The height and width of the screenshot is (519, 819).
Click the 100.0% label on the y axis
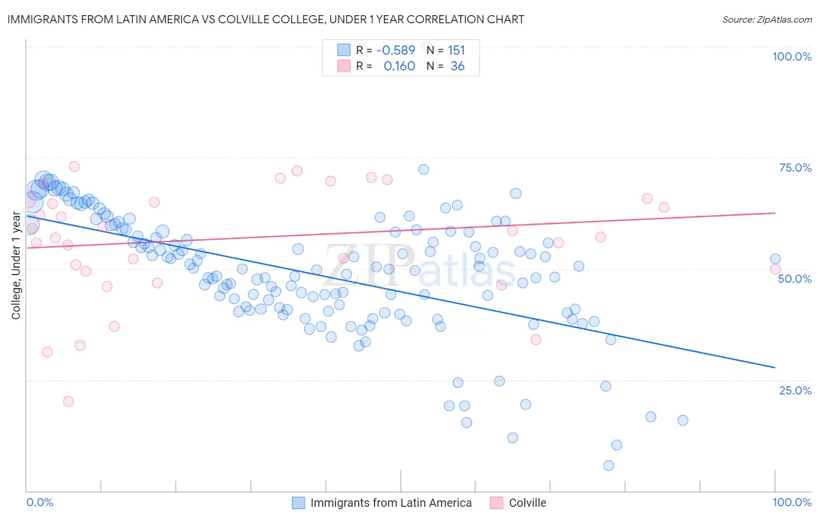pyautogui.click(x=792, y=56)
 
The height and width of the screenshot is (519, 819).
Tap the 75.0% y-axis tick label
pyautogui.click(x=795, y=168)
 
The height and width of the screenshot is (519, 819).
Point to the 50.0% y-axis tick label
pyautogui.click(x=795, y=279)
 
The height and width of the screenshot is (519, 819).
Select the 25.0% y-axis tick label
pyautogui.click(x=795, y=390)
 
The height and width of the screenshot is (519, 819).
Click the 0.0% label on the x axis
pyautogui.click(x=40, y=502)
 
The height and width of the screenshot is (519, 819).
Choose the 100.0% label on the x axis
pyautogui.click(x=792, y=502)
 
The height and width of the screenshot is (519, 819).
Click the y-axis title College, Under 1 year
pyautogui.click(x=16, y=266)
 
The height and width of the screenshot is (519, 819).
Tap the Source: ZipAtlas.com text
pyautogui.click(x=767, y=19)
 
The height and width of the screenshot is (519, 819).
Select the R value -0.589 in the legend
pyautogui.click(x=396, y=50)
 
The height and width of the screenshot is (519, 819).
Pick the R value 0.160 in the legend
pyautogui.click(x=399, y=66)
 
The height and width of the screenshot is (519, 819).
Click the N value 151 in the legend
pyautogui.click(x=456, y=50)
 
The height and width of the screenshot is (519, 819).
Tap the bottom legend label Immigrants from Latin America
pyautogui.click(x=391, y=503)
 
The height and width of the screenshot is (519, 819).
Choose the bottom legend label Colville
pyautogui.click(x=527, y=503)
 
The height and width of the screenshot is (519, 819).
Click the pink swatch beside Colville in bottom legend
pyautogui.click(x=496, y=503)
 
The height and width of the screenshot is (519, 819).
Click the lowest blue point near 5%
pyautogui.click(x=609, y=465)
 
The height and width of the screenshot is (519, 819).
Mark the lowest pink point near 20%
pyautogui.click(x=68, y=401)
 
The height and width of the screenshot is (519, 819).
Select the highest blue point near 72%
pyautogui.click(x=423, y=169)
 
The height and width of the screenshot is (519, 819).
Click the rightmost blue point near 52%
pyautogui.click(x=775, y=259)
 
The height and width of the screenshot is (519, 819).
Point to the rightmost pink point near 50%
pyautogui.click(x=775, y=269)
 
